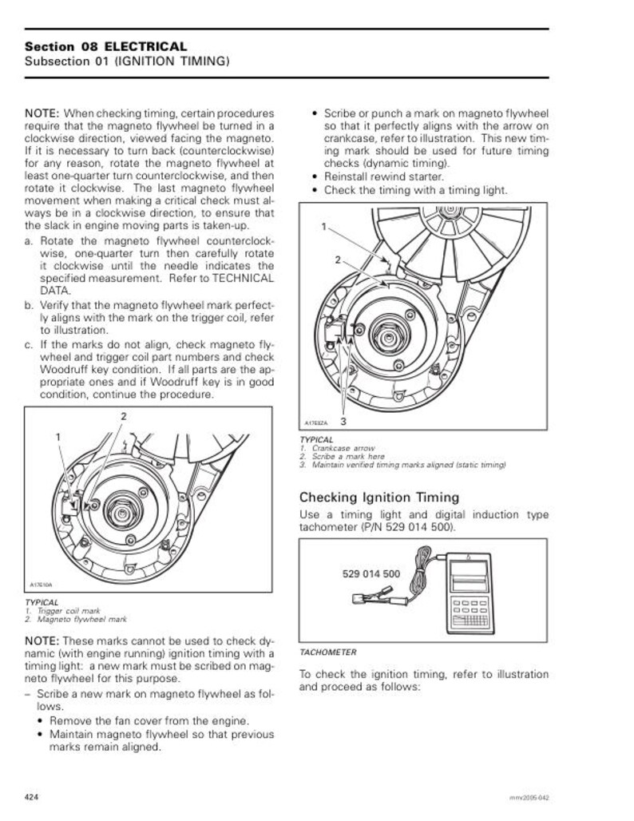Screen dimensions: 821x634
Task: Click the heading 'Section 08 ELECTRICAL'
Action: tap(106, 46)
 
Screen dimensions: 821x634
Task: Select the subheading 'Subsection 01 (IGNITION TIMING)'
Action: tap(128, 61)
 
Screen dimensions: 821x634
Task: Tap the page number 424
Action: tap(32, 797)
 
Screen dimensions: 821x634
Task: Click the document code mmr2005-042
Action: tap(529, 798)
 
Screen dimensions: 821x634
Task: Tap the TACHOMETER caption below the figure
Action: tap(327, 652)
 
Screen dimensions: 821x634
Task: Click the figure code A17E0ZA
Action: tap(317, 422)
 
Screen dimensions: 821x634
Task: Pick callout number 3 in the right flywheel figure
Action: tap(343, 420)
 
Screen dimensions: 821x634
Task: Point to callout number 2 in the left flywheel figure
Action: tap(123, 416)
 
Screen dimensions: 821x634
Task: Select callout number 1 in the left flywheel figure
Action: tap(57, 437)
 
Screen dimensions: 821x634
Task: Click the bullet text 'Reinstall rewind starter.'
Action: tap(383, 176)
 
